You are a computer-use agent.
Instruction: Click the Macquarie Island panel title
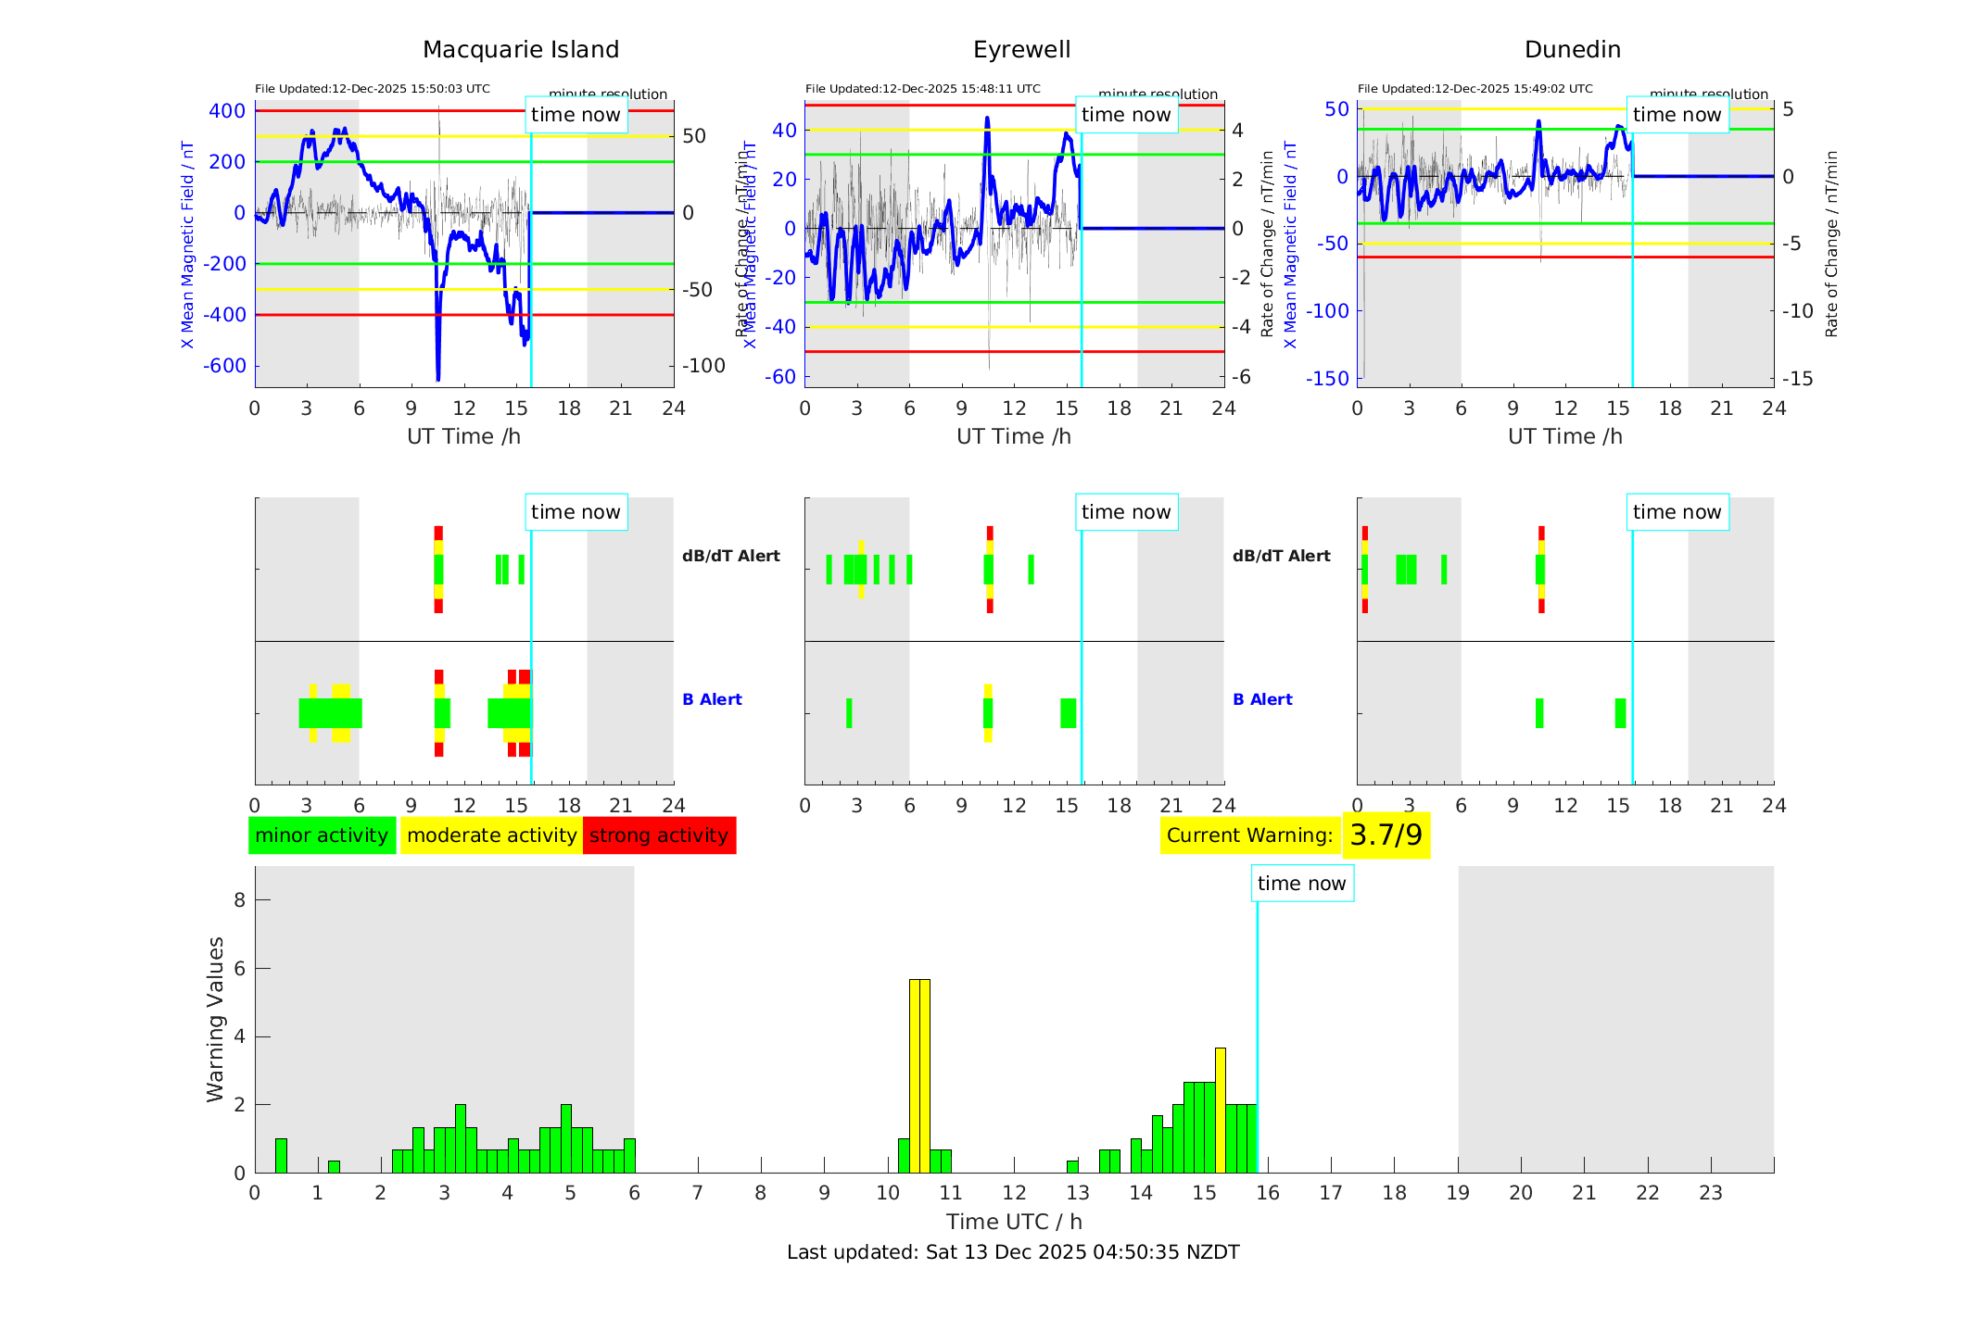pyautogui.click(x=520, y=50)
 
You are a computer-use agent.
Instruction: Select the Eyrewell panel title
pyautogui.click(x=1021, y=50)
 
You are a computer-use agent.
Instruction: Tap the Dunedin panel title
pyautogui.click(x=1572, y=50)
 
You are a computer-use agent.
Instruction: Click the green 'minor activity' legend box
pyautogui.click(x=322, y=835)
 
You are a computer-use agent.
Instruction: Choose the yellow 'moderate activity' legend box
pyautogui.click(x=491, y=835)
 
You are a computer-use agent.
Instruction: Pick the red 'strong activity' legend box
pyautogui.click(x=659, y=835)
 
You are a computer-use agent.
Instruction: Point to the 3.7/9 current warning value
pyautogui.click(x=1386, y=835)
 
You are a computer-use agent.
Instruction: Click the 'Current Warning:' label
pyautogui.click(x=1249, y=835)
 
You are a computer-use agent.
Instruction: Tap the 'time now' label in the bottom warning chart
pyautogui.click(x=1301, y=884)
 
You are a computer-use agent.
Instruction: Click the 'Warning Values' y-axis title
pyautogui.click(x=216, y=1019)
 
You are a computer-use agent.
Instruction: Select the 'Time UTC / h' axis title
pyautogui.click(x=1014, y=1222)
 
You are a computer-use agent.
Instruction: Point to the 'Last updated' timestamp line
pyautogui.click(x=1013, y=1252)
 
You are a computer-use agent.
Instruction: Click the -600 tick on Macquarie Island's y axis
pyautogui.click(x=225, y=366)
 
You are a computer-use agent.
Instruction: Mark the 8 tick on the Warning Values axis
pyautogui.click(x=240, y=899)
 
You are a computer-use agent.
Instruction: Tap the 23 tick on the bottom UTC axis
pyautogui.click(x=1711, y=1193)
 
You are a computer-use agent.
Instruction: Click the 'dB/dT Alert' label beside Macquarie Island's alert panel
pyautogui.click(x=730, y=556)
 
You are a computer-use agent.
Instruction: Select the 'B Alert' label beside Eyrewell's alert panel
pyautogui.click(x=1262, y=699)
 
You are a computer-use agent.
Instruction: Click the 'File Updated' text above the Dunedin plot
pyautogui.click(x=1475, y=89)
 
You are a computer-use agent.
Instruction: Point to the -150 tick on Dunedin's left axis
pyautogui.click(x=1327, y=378)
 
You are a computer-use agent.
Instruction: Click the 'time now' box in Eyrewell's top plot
pyautogui.click(x=1126, y=115)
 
